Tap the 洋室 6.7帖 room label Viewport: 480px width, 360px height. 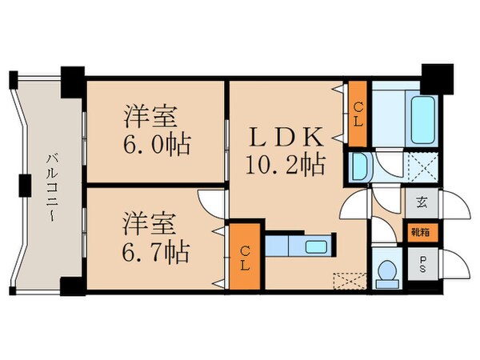[156, 238]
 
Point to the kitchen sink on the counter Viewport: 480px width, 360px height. [314, 246]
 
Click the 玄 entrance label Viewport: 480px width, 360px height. [421, 203]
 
